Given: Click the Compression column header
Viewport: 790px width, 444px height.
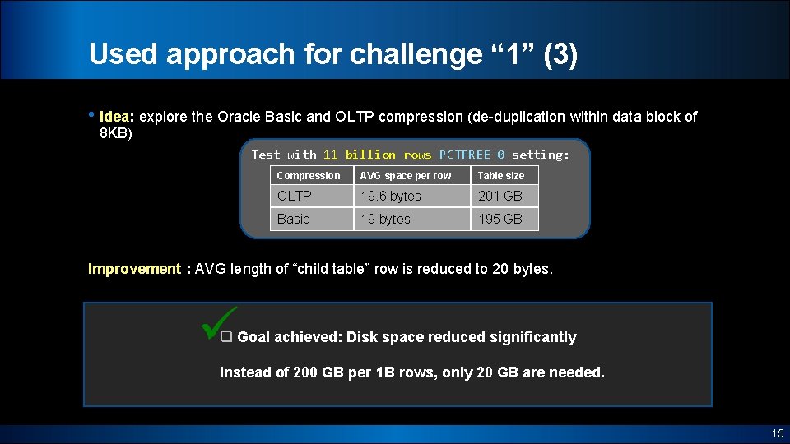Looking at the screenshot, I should click(x=309, y=176).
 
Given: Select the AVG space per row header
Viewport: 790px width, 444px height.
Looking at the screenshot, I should click(x=406, y=176).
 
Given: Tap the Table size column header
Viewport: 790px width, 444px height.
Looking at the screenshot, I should click(x=501, y=176).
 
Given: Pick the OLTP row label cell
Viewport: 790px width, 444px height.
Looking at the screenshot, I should click(x=295, y=196).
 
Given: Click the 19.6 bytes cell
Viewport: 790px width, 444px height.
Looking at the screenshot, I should click(x=390, y=196).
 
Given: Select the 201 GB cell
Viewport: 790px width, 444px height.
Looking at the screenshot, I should click(x=500, y=196).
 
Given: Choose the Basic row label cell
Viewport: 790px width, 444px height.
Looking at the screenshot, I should click(x=293, y=219).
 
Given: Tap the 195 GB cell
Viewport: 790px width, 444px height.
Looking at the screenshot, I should click(x=500, y=219).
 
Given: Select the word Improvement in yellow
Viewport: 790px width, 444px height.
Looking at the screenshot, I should click(x=134, y=269).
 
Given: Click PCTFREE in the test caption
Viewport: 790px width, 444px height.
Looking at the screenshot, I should click(x=464, y=155).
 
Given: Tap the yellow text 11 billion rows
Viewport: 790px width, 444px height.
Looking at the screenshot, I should click(x=377, y=155).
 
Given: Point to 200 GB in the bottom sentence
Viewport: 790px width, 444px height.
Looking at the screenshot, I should click(x=318, y=372).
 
